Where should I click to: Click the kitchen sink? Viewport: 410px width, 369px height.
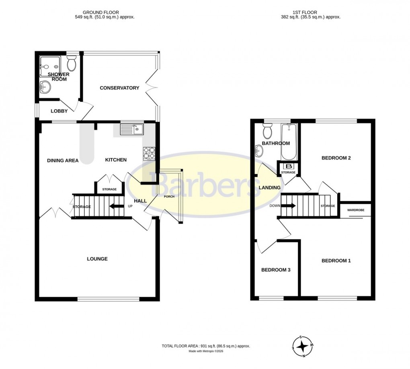pos(132,129)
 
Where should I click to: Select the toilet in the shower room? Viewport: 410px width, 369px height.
pos(72,64)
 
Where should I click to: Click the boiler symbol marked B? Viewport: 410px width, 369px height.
pos(289,166)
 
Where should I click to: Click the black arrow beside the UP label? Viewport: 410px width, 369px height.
pos(117,207)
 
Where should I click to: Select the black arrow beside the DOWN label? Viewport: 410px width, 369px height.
pos(289,206)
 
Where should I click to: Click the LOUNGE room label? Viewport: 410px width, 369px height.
pos(97,259)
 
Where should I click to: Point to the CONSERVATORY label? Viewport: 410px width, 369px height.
pos(119,88)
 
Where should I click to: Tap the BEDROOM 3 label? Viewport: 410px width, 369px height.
pos(276,270)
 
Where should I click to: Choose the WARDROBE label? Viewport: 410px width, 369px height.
pos(355,209)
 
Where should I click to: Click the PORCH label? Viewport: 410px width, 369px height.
pos(169,197)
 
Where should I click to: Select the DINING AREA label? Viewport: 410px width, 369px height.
pos(63,160)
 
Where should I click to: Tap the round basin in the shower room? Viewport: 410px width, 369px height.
pos(45,86)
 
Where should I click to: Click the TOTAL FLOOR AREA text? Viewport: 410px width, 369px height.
pos(207,346)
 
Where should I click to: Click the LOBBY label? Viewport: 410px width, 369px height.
pos(59,111)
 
